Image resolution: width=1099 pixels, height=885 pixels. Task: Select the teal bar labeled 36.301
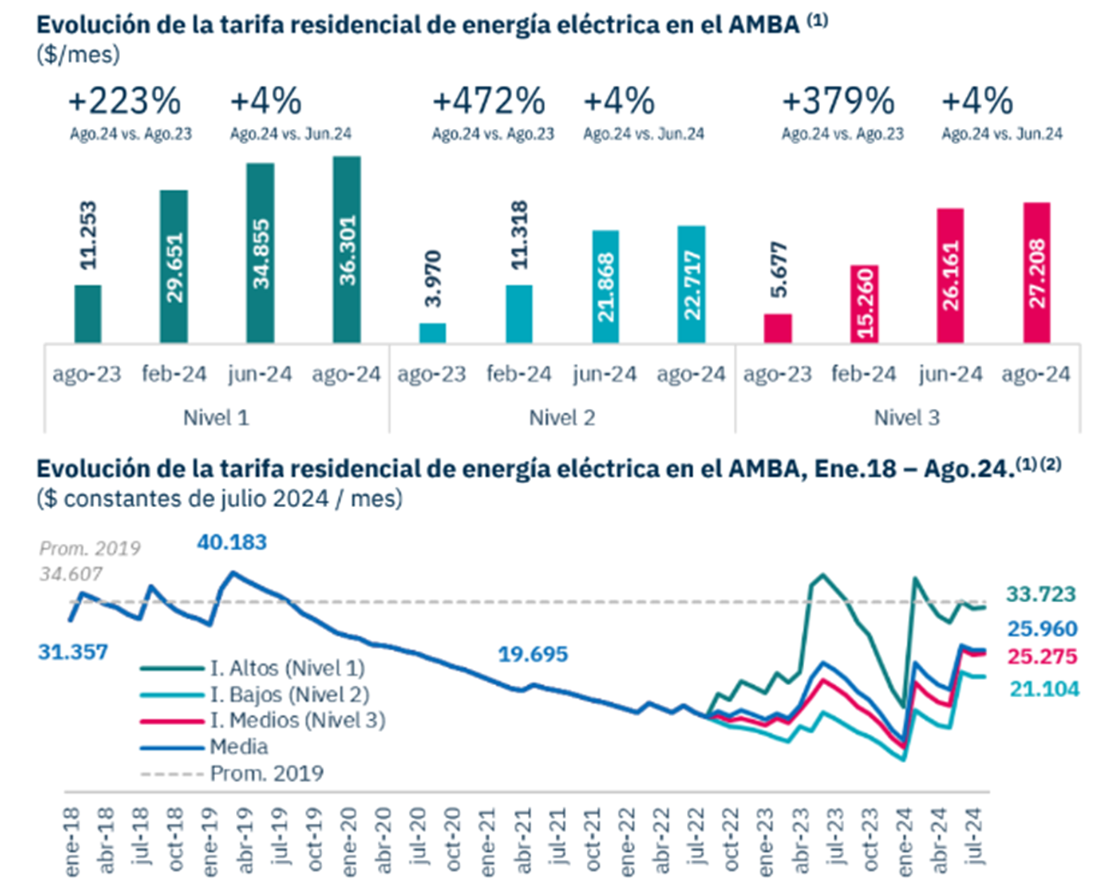pyautogui.click(x=347, y=250)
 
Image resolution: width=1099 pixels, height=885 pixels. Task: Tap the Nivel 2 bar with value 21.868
pyautogui.click(x=605, y=286)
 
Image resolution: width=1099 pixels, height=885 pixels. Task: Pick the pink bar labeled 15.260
pyautogui.click(x=864, y=304)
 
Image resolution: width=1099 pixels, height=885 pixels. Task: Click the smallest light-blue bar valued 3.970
pyautogui.click(x=432, y=333)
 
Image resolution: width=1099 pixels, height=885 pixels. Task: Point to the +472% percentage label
pyautogui.click(x=489, y=101)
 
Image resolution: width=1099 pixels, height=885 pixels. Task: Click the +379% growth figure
pyautogui.click(x=838, y=101)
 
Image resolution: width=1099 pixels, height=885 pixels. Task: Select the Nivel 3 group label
pyautogui.click(x=907, y=418)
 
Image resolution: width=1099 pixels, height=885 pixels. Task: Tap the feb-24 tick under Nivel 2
pyautogui.click(x=519, y=374)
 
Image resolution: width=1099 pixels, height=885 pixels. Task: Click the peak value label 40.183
pyautogui.click(x=232, y=542)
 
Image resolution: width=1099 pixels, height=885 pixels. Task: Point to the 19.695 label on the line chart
pyautogui.click(x=533, y=654)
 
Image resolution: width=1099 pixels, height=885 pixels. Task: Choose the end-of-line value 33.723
pyautogui.click(x=1041, y=594)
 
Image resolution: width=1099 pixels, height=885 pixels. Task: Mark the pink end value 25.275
pyautogui.click(x=1042, y=656)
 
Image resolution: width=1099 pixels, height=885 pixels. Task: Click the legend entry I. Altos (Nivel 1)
pyautogui.click(x=287, y=668)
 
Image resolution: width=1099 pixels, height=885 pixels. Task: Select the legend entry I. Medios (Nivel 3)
pyautogui.click(x=298, y=720)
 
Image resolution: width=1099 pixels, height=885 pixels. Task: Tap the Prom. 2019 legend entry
pyautogui.click(x=267, y=773)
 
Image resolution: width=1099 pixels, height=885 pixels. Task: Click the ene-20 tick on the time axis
pyautogui.click(x=350, y=841)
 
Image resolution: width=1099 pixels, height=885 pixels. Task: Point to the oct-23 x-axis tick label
pyautogui.click(x=870, y=841)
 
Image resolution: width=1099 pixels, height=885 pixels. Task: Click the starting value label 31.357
pyautogui.click(x=73, y=652)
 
